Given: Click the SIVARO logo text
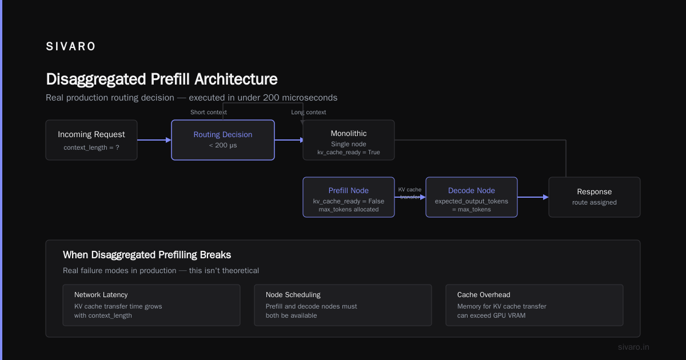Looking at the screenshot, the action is tap(70, 46).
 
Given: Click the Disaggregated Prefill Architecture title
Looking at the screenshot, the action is tap(162, 79).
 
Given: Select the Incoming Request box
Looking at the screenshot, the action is tap(91, 140).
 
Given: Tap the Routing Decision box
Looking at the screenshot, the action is tap(223, 140).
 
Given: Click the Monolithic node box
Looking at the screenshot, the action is tap(349, 140).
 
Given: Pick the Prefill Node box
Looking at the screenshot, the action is tap(349, 197).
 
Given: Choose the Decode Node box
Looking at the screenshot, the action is tap(472, 197).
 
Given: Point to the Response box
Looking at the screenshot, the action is tap(595, 197).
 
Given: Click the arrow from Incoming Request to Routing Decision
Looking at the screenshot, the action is tap(154, 140).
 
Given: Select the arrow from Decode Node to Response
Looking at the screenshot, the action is tap(533, 197).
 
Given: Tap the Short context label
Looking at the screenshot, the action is tap(209, 113).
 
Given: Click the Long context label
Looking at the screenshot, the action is tap(308, 113).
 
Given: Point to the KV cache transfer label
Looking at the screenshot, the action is tap(410, 193).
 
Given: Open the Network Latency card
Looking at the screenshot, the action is tap(151, 305).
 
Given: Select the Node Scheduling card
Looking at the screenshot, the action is tap(343, 305).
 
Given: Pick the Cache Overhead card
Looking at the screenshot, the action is tap(535, 305).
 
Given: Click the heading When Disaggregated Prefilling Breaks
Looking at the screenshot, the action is tap(147, 255).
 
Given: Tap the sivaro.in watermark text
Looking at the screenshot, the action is tap(633, 347).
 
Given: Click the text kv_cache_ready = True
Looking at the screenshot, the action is tap(349, 152).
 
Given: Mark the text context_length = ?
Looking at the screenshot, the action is tap(91, 147).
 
